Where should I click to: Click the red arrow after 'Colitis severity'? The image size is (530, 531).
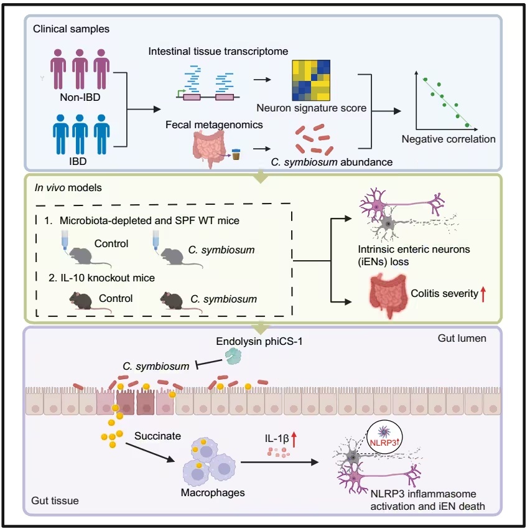tap(482, 292)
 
